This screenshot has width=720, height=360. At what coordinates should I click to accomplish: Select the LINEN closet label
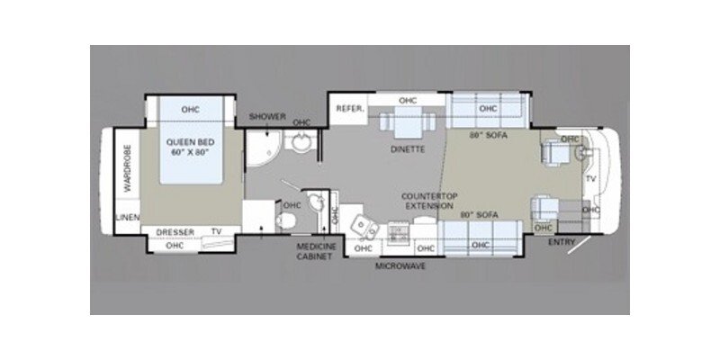(126, 219)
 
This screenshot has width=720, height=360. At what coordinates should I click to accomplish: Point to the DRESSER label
(175, 231)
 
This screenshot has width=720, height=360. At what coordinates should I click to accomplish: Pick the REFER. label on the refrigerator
(348, 109)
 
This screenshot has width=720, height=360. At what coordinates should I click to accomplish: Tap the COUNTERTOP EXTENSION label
(427, 200)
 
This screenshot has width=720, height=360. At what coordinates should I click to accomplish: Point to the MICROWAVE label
(402, 266)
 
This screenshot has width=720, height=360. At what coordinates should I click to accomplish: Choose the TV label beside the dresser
(216, 231)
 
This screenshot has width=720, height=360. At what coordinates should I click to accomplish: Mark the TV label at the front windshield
(590, 179)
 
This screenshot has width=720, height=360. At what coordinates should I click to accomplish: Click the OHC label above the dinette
(407, 101)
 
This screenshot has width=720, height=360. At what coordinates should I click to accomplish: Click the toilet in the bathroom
(314, 203)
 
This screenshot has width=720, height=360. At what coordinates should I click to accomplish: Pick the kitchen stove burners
(395, 232)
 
